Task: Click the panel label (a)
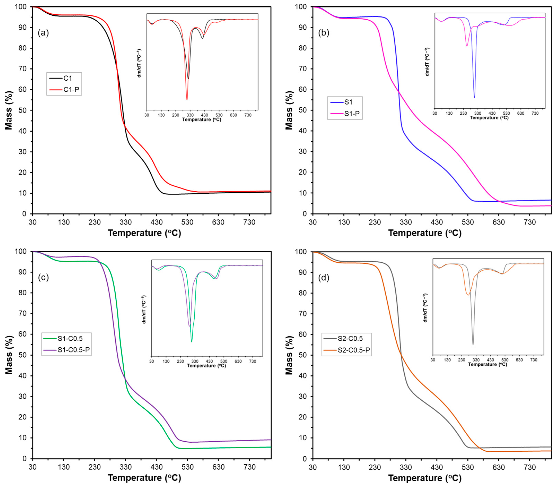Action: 43,33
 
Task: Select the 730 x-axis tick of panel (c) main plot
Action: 249,467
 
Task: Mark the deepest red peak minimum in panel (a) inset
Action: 187,100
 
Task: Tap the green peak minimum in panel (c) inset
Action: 192,342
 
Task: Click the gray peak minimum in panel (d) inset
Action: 473,345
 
